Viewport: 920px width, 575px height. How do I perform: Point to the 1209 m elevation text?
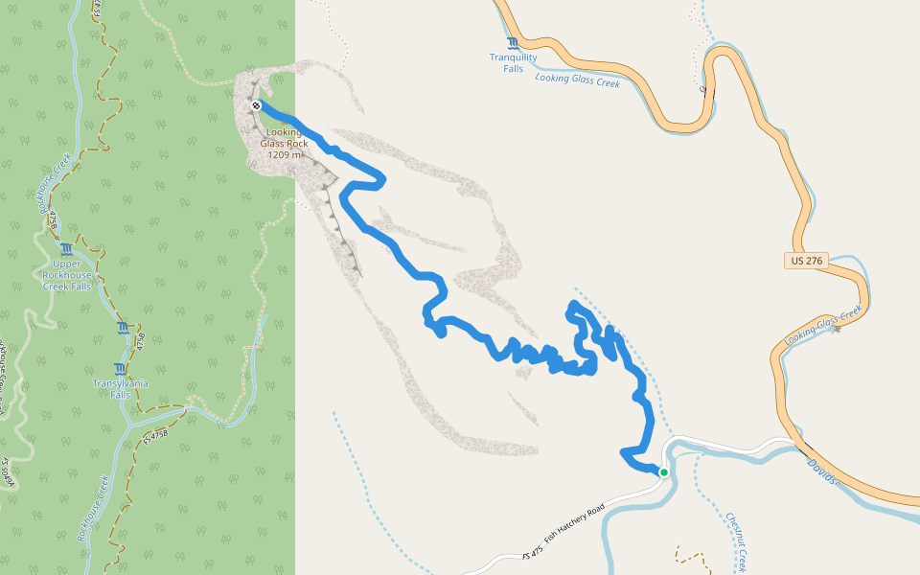(285, 154)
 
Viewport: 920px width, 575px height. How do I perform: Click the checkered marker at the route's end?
(257, 105)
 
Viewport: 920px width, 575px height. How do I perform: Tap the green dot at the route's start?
(663, 471)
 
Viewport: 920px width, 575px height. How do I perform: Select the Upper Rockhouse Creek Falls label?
(67, 275)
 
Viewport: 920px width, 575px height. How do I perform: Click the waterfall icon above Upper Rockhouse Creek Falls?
(66, 249)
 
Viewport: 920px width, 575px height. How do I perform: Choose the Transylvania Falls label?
(120, 388)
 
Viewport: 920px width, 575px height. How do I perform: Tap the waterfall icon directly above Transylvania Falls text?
(119, 369)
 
